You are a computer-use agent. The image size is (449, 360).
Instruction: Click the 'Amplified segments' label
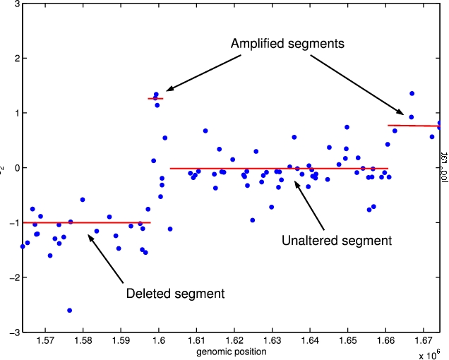coord(287,44)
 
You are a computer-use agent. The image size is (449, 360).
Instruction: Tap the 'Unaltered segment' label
coord(336,241)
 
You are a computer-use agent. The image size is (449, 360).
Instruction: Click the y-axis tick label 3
coord(16,4)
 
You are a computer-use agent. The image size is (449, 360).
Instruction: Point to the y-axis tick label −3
coord(13,332)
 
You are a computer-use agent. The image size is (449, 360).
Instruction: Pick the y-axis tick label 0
coord(16,168)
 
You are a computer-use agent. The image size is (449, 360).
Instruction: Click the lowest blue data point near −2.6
coord(69,311)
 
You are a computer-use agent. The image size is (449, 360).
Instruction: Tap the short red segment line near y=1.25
coord(155,98)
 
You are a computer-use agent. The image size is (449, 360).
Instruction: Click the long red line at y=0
coord(279,169)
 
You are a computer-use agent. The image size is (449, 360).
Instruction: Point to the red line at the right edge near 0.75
coord(417,126)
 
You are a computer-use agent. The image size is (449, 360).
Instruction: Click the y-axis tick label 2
coord(16,59)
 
